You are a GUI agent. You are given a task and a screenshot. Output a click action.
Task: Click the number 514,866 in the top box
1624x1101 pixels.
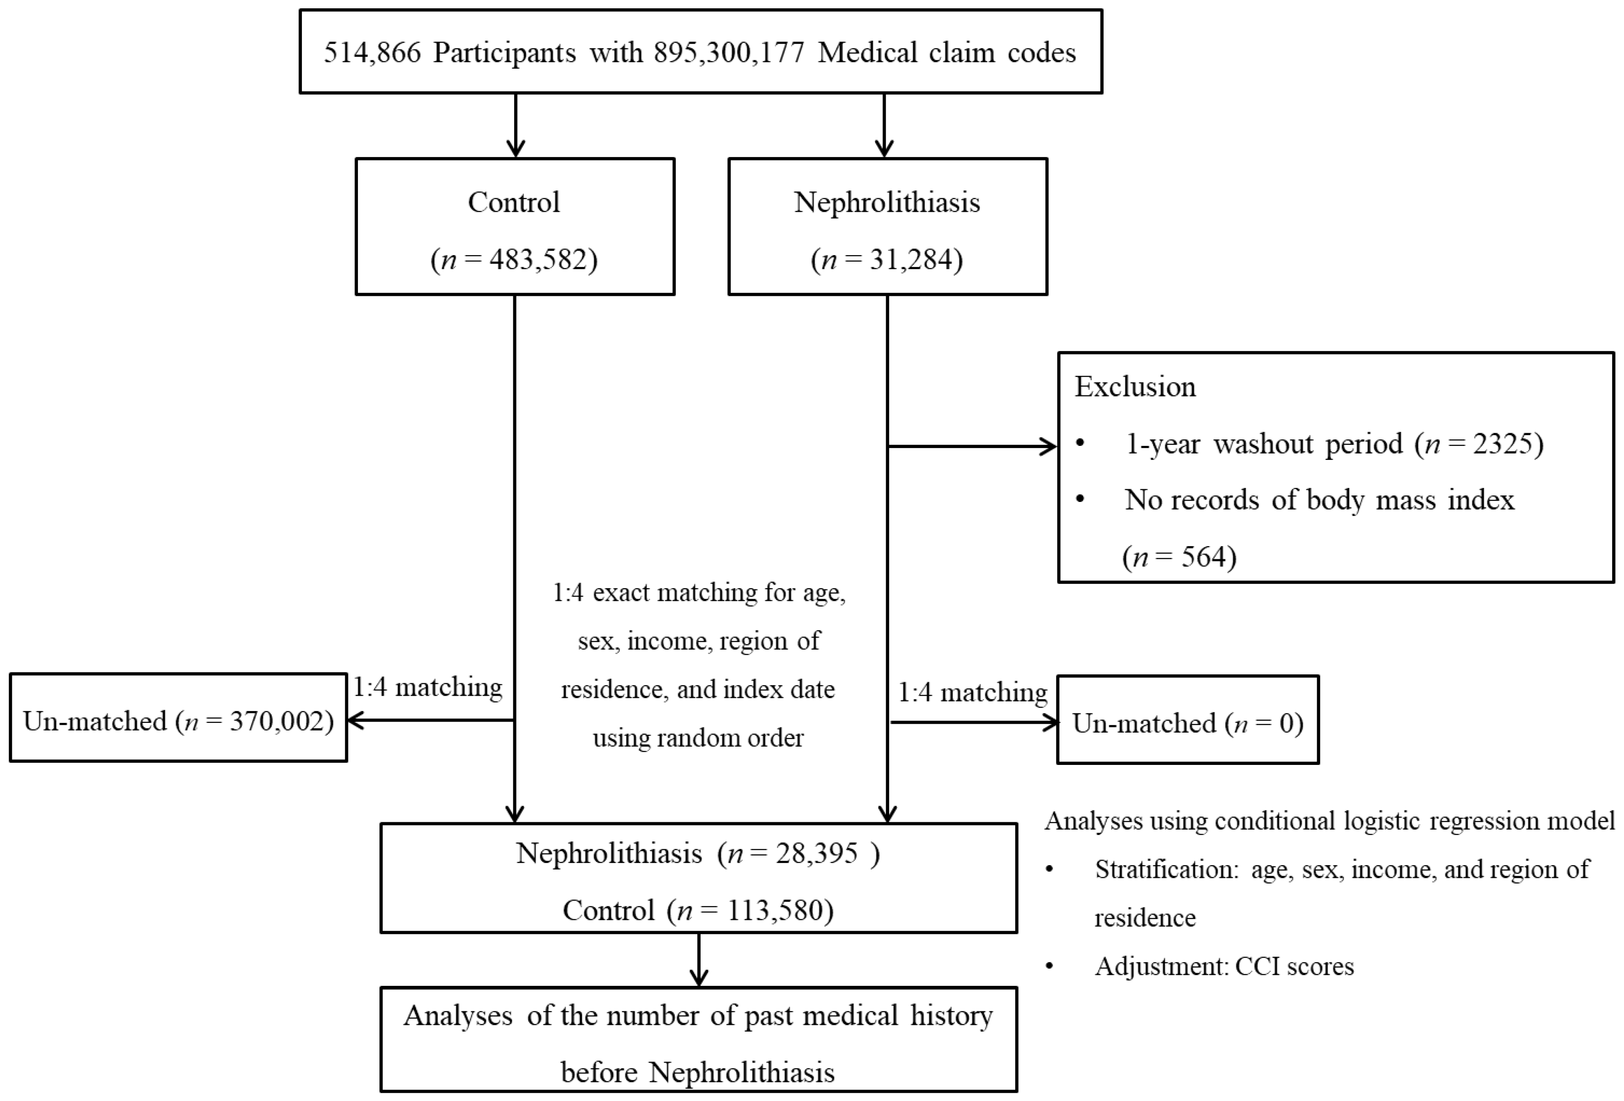[372, 53]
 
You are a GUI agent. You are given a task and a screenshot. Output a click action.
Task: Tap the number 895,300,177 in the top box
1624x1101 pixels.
[729, 53]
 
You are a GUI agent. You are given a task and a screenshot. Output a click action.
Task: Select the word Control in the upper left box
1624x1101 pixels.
[514, 203]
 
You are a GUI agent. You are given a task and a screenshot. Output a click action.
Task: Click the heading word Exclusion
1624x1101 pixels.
[1135, 387]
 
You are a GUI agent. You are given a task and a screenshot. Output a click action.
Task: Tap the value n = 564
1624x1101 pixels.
[1179, 557]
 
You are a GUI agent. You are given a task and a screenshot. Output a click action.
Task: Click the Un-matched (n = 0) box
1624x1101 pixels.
[1187, 722]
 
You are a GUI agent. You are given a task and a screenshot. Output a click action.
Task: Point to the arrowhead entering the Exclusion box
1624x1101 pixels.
[1050, 446]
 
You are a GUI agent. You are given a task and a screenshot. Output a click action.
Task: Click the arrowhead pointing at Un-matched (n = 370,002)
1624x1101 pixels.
[355, 720]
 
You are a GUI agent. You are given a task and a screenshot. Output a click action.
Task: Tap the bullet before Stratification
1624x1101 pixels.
[1049, 870]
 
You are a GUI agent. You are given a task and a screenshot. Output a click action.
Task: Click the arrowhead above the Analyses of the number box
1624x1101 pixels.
[699, 978]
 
